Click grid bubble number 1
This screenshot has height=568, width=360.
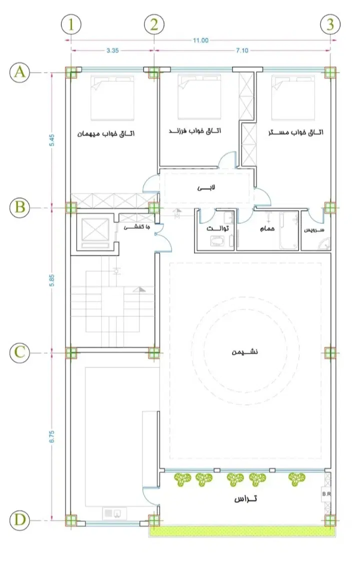71,25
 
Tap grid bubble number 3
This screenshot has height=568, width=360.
330,25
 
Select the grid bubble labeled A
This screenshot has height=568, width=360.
19,73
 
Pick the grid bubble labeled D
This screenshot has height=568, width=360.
19,520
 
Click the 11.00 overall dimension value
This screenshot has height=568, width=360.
200,41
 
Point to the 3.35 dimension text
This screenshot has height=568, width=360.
112,51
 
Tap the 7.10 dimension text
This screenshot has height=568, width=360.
242,51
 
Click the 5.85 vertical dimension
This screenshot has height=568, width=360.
51,280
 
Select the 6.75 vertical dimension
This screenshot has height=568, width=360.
51,436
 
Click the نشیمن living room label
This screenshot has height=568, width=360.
245,352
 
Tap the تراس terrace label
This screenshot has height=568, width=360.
245,499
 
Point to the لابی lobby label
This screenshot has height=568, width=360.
206,188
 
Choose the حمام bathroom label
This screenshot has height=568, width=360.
267,229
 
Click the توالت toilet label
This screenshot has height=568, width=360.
217,229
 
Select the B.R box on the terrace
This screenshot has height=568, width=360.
326,494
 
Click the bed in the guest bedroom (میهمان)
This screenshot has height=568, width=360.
112,98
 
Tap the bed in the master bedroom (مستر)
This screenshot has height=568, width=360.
293,98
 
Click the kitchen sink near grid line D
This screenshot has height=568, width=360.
114,513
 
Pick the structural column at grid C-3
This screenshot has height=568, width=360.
330,352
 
